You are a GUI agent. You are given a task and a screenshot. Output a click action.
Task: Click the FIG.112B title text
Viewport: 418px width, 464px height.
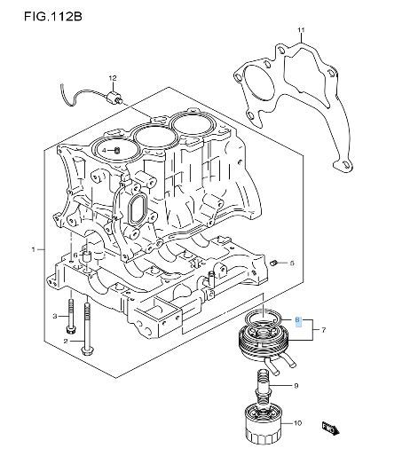tap(53, 17)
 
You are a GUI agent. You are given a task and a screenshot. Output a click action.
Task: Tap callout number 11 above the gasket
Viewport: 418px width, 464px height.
tap(301, 30)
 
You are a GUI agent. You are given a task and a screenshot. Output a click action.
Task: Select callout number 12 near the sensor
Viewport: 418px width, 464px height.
tap(113, 78)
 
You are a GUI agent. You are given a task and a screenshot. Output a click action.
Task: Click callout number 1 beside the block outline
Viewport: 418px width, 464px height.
tap(34, 250)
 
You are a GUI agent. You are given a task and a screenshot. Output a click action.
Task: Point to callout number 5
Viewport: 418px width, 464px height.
tap(292, 263)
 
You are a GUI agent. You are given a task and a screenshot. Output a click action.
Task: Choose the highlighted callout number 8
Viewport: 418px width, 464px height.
tap(298, 320)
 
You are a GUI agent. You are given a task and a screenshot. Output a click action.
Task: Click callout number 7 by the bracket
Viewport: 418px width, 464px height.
tap(323, 330)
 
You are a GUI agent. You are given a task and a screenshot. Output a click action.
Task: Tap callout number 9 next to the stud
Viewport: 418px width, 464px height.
tap(296, 386)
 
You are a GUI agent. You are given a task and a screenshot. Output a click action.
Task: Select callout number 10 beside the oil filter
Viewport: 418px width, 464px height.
tap(297, 423)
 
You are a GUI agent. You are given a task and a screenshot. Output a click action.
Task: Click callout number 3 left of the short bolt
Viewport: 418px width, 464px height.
tap(55, 317)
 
